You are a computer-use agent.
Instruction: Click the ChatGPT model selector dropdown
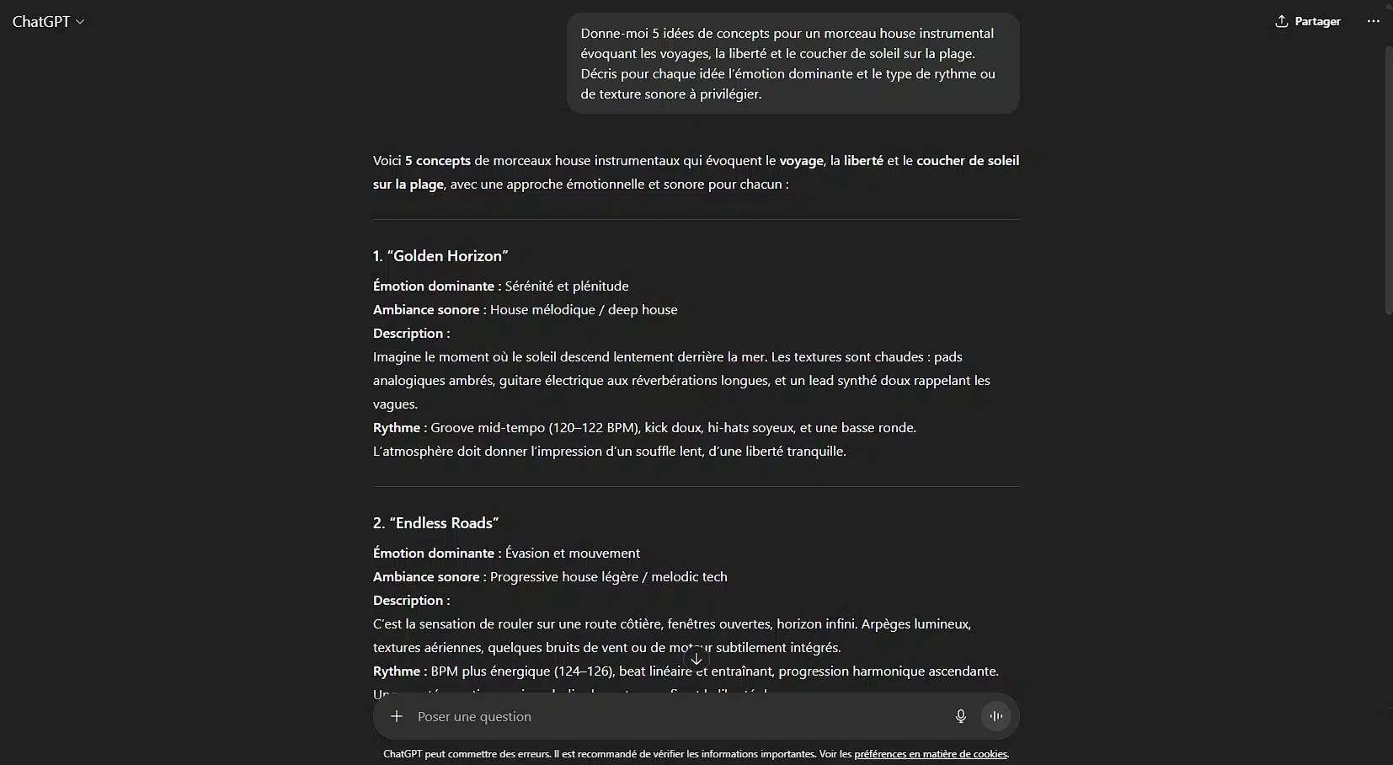pyautogui.click(x=48, y=22)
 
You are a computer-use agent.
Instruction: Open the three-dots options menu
pyautogui.click(x=1373, y=21)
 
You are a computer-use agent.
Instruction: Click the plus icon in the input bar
pyautogui.click(x=397, y=716)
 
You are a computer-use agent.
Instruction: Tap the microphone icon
pyautogui.click(x=960, y=716)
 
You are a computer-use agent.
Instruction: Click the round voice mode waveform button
pyautogui.click(x=995, y=716)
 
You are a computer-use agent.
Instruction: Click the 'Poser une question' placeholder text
pyautogui.click(x=474, y=717)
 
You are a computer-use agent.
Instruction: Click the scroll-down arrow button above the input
pyautogui.click(x=696, y=659)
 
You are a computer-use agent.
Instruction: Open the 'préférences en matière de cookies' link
pyautogui.click(x=931, y=754)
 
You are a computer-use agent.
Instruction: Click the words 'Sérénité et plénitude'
pyautogui.click(x=567, y=286)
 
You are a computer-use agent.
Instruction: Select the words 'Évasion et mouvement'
pyautogui.click(x=573, y=554)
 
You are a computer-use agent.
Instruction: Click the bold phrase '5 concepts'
pyautogui.click(x=438, y=161)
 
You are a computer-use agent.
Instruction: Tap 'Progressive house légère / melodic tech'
pyautogui.click(x=608, y=577)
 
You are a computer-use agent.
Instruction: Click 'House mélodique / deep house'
pyautogui.click(x=584, y=310)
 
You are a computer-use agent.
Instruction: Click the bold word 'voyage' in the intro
pyautogui.click(x=801, y=161)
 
